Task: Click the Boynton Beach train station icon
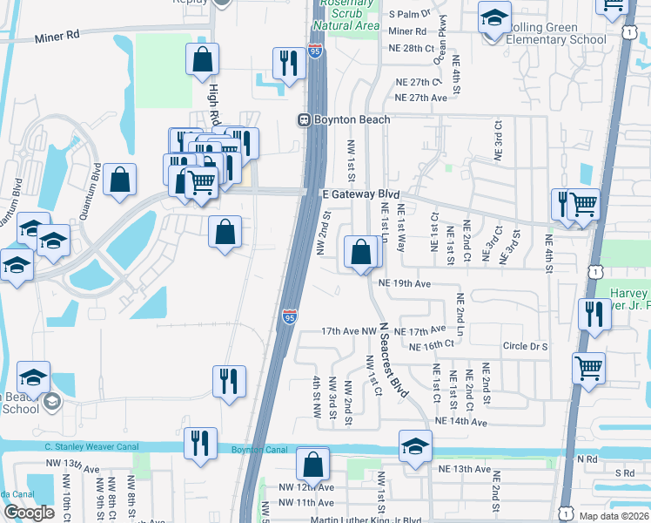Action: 305,119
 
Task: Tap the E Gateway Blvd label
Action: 359,195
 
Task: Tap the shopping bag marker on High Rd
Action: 202,60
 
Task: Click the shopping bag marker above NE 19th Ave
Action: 361,253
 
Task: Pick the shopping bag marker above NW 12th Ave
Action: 312,464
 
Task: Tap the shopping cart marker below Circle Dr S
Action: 589,368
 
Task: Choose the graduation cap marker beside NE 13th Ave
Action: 416,446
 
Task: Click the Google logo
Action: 29,513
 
